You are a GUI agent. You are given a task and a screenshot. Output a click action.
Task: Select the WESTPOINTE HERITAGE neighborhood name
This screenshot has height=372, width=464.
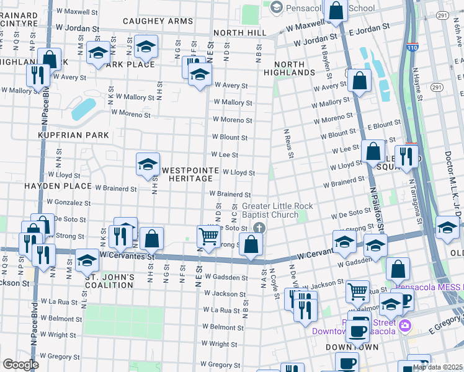click(x=190, y=174)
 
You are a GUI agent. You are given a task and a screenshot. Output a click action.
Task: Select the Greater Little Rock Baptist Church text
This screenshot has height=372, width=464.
click(x=277, y=210)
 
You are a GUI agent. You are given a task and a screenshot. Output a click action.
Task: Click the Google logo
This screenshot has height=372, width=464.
click(x=20, y=364)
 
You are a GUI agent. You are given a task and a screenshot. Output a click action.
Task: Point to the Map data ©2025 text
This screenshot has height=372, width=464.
click(x=437, y=367)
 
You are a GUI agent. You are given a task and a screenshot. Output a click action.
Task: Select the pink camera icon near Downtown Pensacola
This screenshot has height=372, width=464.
click(x=404, y=325)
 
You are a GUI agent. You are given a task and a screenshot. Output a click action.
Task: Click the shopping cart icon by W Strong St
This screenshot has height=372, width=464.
click(x=209, y=235)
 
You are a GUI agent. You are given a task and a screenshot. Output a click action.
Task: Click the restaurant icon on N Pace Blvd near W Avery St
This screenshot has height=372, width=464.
click(x=38, y=76)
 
